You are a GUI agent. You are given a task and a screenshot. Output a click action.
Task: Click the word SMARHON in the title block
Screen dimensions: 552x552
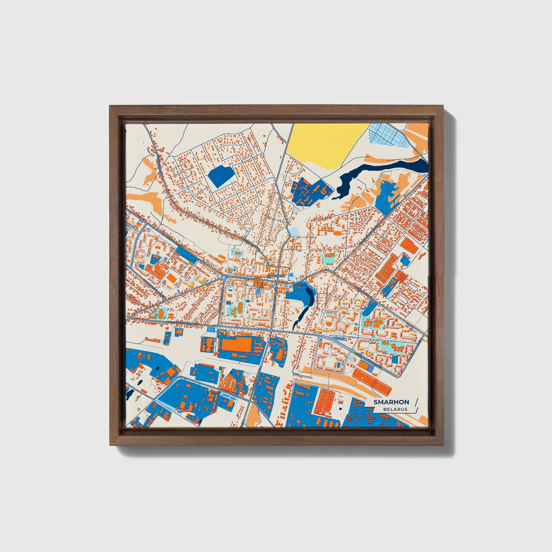tap(391, 402)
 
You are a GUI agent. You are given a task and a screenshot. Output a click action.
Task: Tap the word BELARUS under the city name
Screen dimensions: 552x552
tap(396, 409)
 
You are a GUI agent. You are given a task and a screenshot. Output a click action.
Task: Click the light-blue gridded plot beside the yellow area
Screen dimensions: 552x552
tap(388, 135)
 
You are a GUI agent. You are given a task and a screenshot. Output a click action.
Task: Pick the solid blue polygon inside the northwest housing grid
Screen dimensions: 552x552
tap(221, 175)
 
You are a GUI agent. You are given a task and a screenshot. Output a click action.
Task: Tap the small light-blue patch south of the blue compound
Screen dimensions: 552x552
tap(293, 231)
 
